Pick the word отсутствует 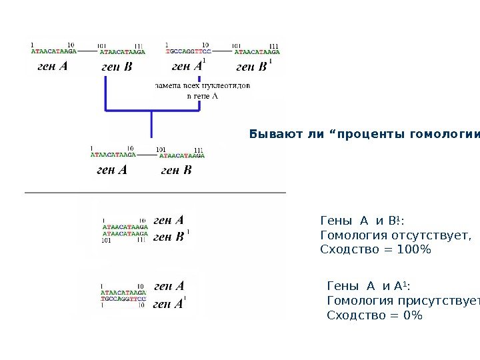pyautogui.click(x=433, y=235)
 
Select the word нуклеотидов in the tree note pyautogui.click(x=227, y=85)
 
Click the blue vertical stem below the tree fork pyautogui.click(x=152, y=125)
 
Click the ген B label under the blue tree pyautogui.click(x=176, y=171)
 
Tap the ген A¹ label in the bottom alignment pyautogui.click(x=170, y=305)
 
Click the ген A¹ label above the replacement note pyautogui.click(x=188, y=66)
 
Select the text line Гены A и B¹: pyautogui.click(x=363, y=220)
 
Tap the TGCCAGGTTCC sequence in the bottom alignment pyautogui.click(x=123, y=299)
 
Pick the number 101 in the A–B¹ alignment pyautogui.click(x=106, y=240)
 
